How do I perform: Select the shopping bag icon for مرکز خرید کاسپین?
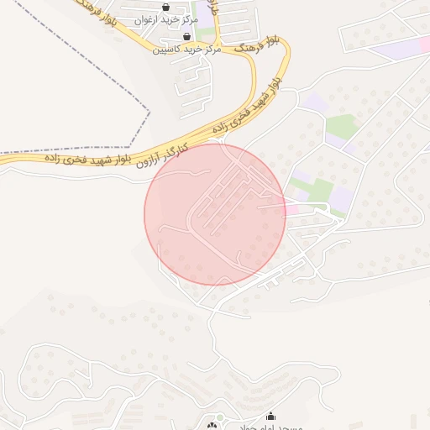pyautogui.click(x=186, y=37)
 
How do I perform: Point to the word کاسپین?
pyautogui.click(x=166, y=50)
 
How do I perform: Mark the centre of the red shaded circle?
pyautogui.click(x=215, y=214)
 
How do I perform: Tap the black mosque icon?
pyautogui.click(x=270, y=416)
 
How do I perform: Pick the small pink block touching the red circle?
pyautogui.click(x=291, y=207)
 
